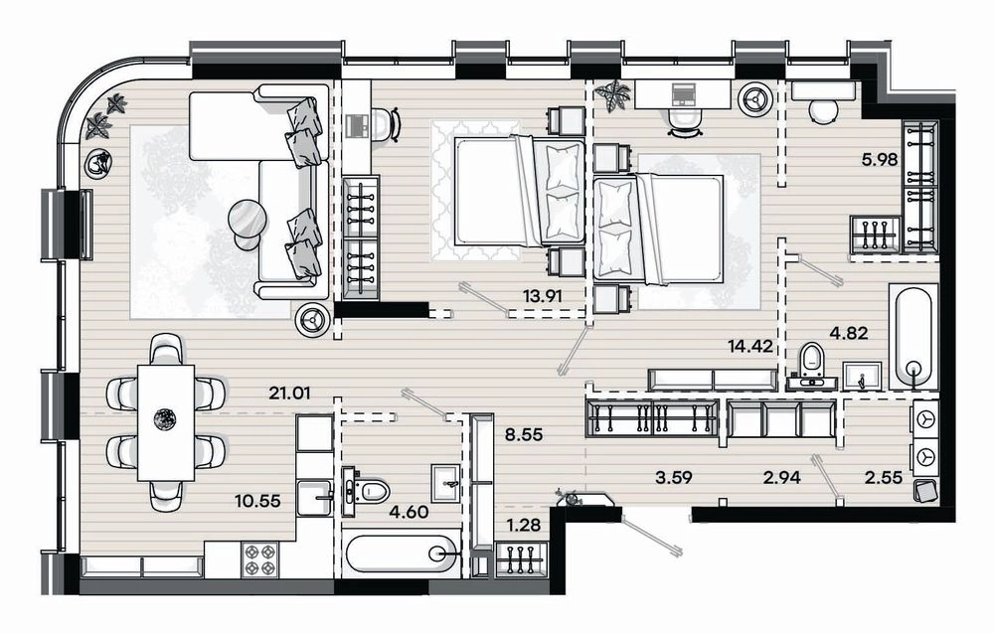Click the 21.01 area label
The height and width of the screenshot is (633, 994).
[289, 393]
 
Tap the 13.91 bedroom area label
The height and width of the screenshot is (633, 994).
[543, 295]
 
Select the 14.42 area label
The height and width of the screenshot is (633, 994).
[749, 346]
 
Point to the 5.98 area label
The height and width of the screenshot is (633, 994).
[880, 160]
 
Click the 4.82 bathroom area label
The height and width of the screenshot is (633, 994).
[849, 333]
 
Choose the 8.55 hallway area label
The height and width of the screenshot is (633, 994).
[524, 435]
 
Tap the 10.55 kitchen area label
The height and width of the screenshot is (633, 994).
[257, 502]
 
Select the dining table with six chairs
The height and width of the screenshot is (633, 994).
[166, 422]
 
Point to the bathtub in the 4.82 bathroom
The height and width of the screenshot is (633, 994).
[913, 337]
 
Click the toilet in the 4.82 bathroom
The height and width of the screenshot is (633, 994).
[811, 366]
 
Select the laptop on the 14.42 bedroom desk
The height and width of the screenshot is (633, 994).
[684, 93]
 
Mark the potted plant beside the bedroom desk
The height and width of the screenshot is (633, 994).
[613, 95]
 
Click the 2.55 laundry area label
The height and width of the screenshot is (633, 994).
[884, 477]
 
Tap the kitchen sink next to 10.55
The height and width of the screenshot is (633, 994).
[314, 498]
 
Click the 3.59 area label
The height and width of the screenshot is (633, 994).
[674, 477]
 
